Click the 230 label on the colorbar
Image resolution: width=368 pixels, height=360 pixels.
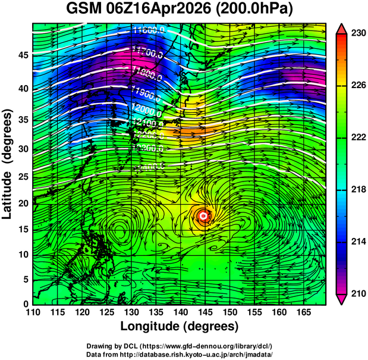tap(358, 34)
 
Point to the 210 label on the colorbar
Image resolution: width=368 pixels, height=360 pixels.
tap(358, 293)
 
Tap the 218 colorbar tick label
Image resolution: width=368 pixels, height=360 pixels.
tap(358, 189)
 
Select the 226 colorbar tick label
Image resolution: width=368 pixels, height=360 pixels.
tap(358, 86)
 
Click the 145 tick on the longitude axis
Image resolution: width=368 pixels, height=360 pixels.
tap(205, 312)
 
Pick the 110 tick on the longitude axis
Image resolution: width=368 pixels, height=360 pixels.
tap(33, 312)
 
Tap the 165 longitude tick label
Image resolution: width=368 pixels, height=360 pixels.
tap(304, 312)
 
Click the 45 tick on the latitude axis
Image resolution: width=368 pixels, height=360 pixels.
tap(22, 55)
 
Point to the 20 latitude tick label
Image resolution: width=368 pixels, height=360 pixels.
tap(22, 203)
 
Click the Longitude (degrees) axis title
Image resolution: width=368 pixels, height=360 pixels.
tap(180, 327)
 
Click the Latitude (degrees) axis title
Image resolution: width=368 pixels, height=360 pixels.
tap(8, 164)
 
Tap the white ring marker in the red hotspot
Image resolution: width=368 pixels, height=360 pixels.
tap(203, 216)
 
